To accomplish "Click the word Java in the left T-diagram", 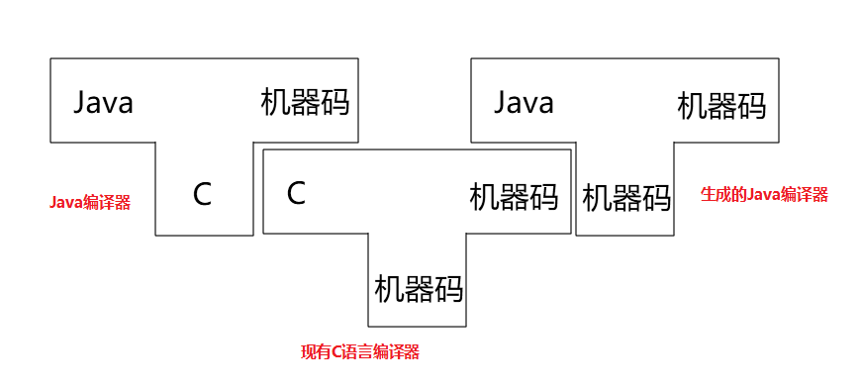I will (x=104, y=103).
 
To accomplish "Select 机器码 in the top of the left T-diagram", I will (x=305, y=103).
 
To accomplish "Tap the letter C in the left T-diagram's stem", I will (x=202, y=195).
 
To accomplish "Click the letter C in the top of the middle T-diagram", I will (x=295, y=193).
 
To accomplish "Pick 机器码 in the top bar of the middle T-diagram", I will (x=513, y=197).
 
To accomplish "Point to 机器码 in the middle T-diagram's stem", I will (x=419, y=290).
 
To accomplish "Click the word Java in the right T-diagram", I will (x=524, y=103).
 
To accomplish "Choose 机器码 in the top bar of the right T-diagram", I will (x=721, y=106).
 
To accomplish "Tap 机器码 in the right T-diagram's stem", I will (x=626, y=198).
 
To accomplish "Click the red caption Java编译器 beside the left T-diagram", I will (x=90, y=203).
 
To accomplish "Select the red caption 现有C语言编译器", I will (x=360, y=351).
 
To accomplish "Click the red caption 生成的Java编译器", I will (x=764, y=195).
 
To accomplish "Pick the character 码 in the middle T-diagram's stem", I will (x=449, y=290).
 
